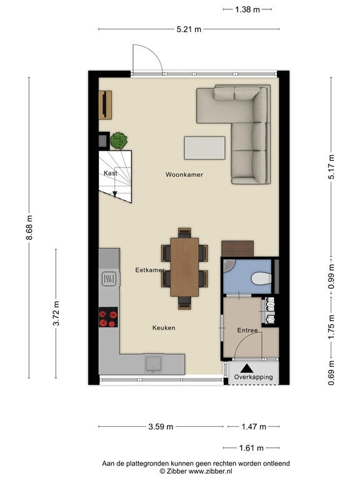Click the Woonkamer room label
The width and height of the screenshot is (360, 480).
pos(184,174)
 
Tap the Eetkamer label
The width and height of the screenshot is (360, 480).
pos(150,270)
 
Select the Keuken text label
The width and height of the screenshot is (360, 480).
pos(164,328)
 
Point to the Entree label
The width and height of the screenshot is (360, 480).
pos(247,330)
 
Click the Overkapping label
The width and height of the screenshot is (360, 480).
pos(254,377)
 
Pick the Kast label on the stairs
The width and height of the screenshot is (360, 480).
pos(110,173)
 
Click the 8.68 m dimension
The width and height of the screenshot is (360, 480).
pos(29,227)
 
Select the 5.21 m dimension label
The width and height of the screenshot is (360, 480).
pos(189,29)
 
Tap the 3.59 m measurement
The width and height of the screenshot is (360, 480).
pos(161,426)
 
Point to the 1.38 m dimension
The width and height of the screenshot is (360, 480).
pos(247,9)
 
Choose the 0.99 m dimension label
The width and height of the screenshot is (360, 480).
pos(331,276)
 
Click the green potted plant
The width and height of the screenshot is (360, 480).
pos(119,141)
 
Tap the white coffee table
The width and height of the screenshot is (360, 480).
pos(204,148)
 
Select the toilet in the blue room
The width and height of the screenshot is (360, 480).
pos(261,279)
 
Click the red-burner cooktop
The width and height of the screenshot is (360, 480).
pos(108,317)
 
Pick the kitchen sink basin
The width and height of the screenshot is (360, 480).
pos(154,364)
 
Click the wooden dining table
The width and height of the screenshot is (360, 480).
pos(184,267)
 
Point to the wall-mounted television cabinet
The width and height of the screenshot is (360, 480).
pos(105,105)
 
